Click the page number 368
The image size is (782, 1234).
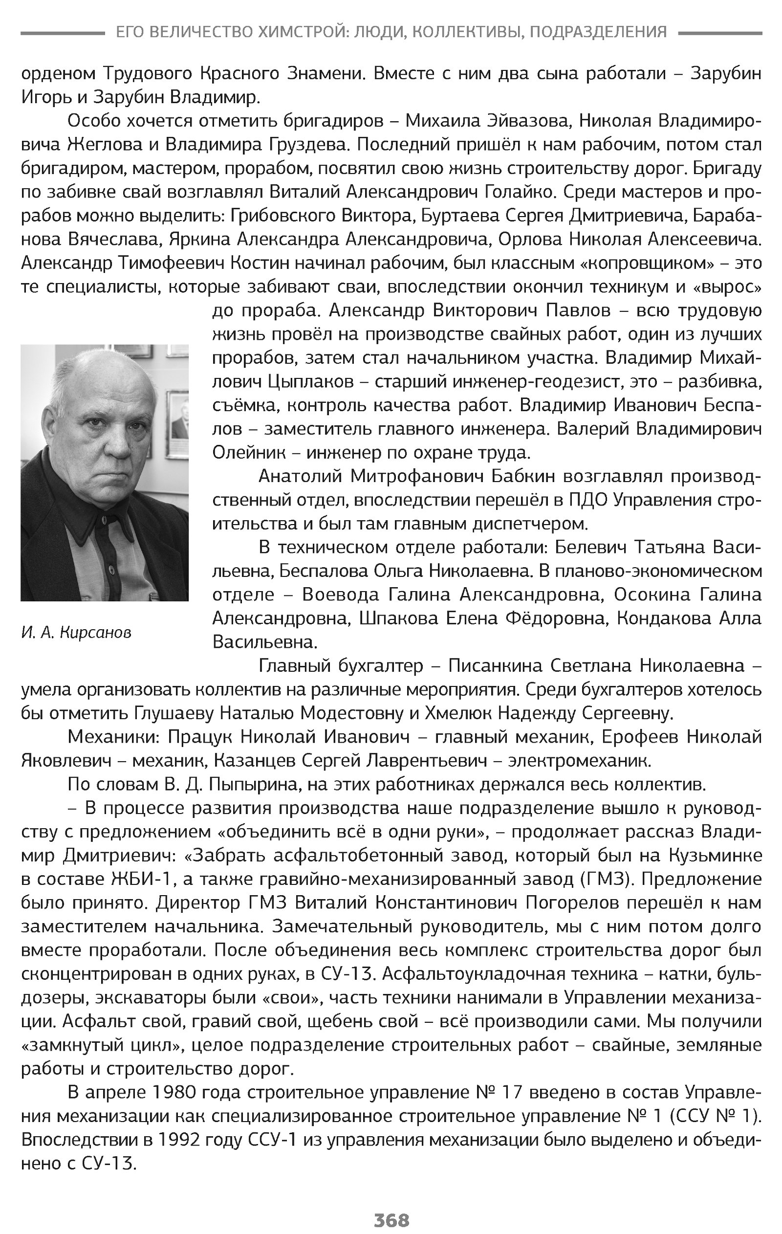tap(391, 1219)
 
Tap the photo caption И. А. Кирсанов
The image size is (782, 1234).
tap(76, 633)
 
